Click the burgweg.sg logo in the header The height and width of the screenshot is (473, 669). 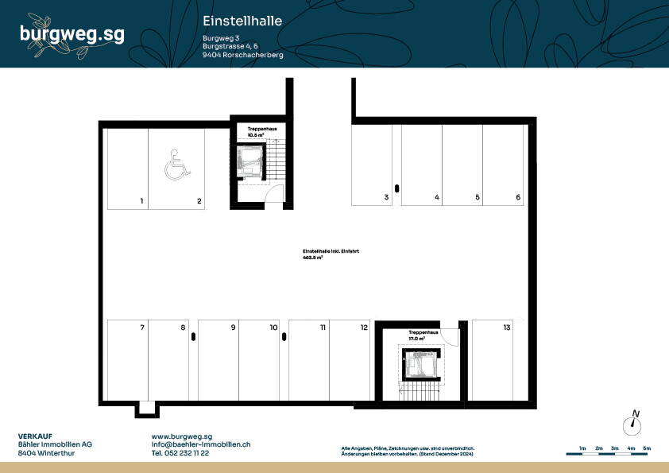pyautogui.click(x=72, y=33)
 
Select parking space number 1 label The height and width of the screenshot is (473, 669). pyautogui.click(x=141, y=202)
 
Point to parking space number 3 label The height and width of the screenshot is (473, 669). pyautogui.click(x=386, y=197)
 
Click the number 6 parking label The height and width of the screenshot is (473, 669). pyautogui.click(x=518, y=197)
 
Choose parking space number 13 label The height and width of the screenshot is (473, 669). pyautogui.click(x=506, y=328)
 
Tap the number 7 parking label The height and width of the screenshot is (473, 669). pyautogui.click(x=141, y=328)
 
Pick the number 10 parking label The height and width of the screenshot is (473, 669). pyautogui.click(x=273, y=328)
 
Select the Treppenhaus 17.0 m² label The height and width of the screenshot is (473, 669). pyautogui.click(x=422, y=335)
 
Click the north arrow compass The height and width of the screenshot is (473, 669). pyautogui.click(x=633, y=423)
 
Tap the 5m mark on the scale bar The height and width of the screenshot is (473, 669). pyautogui.click(x=647, y=449)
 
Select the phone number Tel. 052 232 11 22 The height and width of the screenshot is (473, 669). pyautogui.click(x=180, y=453)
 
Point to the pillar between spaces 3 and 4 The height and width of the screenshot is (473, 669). pyautogui.click(x=397, y=189)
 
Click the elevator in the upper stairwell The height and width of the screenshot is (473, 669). pyautogui.click(x=251, y=158)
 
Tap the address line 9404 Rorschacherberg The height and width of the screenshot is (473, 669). pyautogui.click(x=243, y=55)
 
